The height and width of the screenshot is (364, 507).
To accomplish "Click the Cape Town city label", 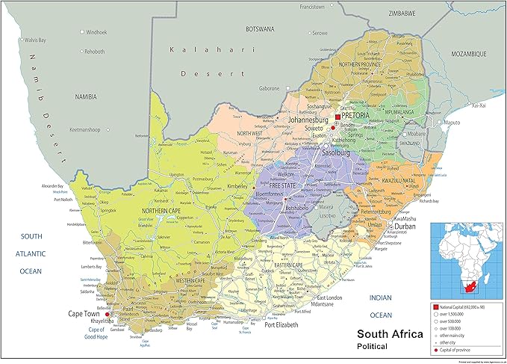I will (86, 314).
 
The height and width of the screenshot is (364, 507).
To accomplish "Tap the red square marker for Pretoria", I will (338, 117).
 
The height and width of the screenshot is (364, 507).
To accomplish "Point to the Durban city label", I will (405, 226).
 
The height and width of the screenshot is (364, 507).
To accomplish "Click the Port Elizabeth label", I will (282, 325).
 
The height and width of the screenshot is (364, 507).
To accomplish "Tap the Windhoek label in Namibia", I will (97, 33).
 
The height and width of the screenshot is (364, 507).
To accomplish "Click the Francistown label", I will (314, 6).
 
